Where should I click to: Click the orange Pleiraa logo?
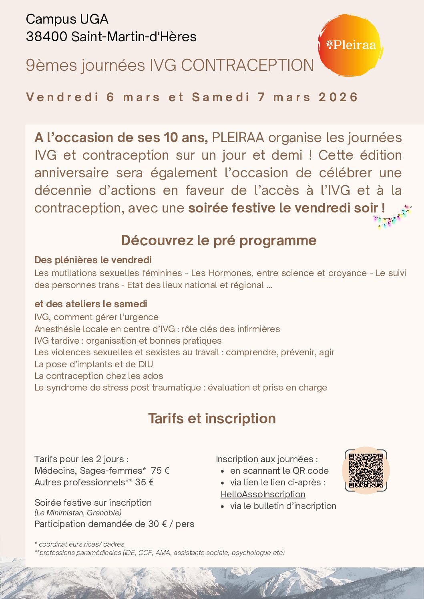350,45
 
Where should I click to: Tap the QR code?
366,470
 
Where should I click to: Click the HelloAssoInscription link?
263,494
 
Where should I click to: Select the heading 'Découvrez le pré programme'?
219,240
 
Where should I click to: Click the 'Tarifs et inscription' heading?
212,419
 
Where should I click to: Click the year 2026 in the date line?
338,97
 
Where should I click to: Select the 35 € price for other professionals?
145,482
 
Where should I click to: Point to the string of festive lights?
392,217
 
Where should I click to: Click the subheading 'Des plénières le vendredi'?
93,260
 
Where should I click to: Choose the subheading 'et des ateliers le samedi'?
91,304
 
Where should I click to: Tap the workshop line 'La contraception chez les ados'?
98,376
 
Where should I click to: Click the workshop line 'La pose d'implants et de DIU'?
94,364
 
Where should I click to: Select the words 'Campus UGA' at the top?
67,19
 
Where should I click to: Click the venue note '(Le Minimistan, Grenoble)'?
78,513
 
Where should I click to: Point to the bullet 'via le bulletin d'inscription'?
283,506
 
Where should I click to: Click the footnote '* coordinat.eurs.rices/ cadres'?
79,544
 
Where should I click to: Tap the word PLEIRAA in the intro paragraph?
238,138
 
